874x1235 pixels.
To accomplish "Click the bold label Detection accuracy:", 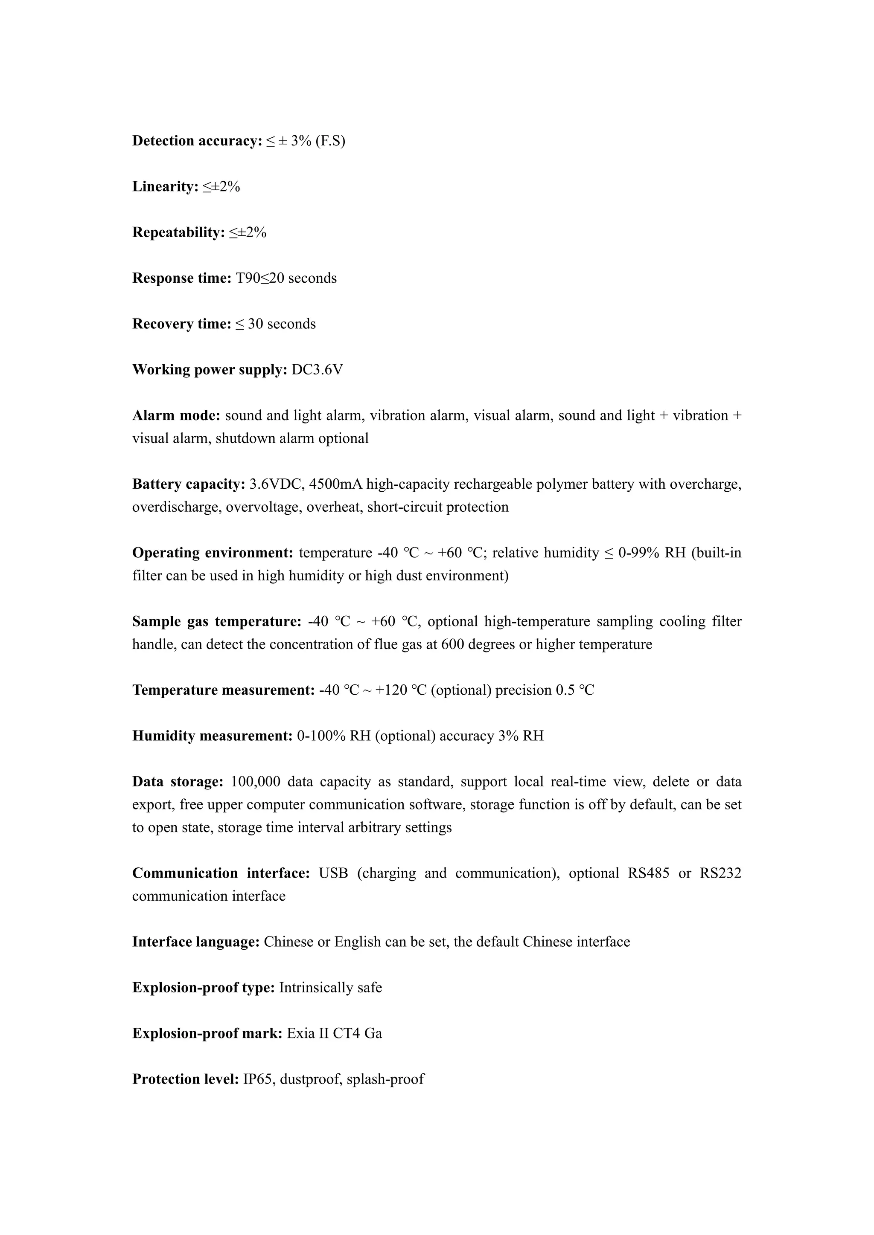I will [197, 141].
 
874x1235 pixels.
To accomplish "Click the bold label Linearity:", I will [166, 187].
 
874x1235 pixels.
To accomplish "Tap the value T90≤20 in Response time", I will [259, 278].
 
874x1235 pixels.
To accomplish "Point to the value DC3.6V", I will [317, 370].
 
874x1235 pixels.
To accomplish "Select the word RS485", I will [649, 873].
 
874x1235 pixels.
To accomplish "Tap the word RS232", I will [720, 873].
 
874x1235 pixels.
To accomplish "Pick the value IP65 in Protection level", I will [258, 1079].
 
